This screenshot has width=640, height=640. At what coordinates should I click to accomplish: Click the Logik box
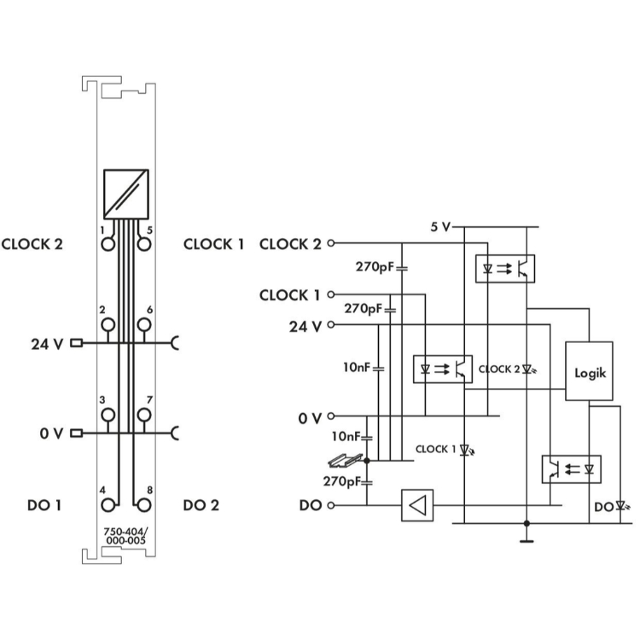coord(589,371)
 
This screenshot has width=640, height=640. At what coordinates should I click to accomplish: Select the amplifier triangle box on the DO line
coord(417,505)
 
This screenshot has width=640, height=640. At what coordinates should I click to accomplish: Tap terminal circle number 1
coord(108,245)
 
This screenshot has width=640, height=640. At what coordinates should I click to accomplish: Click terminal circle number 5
coord(143,245)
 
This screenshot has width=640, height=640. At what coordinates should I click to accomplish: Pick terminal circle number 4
coord(108,505)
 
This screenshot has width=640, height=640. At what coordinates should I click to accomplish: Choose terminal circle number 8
coord(143,505)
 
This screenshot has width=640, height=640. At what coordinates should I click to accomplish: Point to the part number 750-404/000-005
coord(125,536)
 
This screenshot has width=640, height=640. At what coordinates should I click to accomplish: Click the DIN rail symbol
coord(346,461)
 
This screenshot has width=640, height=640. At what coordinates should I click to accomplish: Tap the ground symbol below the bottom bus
coord(527,541)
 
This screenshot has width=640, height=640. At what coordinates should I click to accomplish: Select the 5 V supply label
coord(440,227)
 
